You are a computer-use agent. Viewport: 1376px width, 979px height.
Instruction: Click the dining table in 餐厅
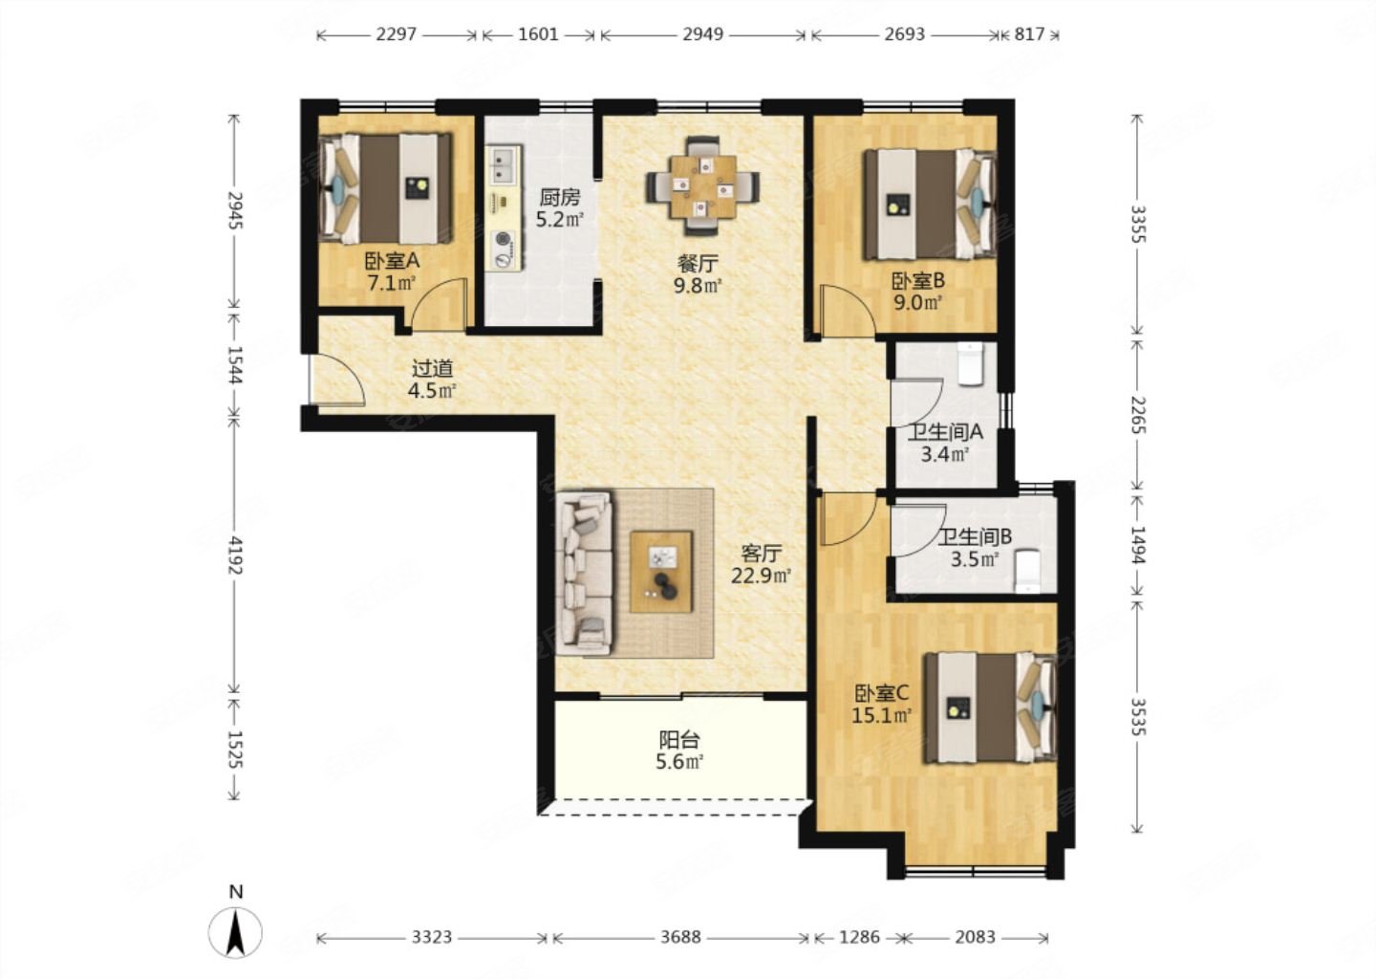click(702, 186)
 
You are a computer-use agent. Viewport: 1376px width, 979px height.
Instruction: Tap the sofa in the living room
click(585, 572)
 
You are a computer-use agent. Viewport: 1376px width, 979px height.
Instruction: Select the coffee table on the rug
click(661, 572)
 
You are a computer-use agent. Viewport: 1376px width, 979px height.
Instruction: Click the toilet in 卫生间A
click(971, 364)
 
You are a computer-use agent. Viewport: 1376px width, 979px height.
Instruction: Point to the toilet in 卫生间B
click(1027, 572)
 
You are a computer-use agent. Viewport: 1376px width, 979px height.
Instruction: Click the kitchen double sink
click(505, 165)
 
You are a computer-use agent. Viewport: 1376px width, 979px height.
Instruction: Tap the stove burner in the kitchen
click(505, 249)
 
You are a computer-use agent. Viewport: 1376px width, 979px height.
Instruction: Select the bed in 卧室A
click(385, 188)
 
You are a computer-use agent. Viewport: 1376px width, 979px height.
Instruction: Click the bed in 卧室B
click(930, 204)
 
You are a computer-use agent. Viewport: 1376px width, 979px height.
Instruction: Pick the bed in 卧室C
click(990, 707)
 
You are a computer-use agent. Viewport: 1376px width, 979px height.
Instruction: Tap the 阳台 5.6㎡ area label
click(679, 751)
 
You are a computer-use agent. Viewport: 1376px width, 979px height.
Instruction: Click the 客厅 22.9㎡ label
click(761, 564)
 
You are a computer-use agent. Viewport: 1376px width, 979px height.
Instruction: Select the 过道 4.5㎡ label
click(432, 380)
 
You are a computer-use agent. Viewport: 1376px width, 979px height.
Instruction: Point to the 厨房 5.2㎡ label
click(559, 207)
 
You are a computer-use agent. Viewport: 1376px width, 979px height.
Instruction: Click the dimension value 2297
click(397, 33)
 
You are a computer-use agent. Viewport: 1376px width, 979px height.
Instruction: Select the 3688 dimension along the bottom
click(680, 937)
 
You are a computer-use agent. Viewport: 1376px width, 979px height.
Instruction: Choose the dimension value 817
click(1029, 33)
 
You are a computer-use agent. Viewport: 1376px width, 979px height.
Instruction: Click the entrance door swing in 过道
click(337, 381)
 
